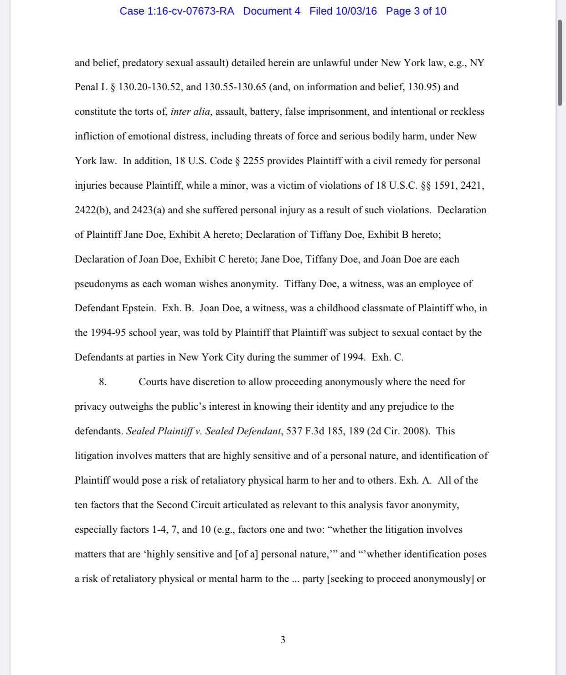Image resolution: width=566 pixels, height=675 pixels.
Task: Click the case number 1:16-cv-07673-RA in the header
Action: (190, 11)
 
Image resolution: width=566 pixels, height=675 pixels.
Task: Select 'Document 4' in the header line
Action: (272, 11)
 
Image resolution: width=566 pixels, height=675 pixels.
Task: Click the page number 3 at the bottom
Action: (283, 640)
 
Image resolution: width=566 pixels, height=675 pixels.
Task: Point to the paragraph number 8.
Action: (103, 382)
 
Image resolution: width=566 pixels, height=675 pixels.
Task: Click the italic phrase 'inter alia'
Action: (190, 112)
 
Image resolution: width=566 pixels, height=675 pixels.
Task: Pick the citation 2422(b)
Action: (93, 210)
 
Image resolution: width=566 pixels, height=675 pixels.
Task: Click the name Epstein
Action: (138, 308)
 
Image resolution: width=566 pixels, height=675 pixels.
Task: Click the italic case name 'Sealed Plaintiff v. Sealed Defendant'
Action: (203, 431)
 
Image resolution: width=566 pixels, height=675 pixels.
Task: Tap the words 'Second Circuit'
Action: (186, 505)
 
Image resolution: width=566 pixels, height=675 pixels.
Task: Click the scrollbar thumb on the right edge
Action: (560, 63)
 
